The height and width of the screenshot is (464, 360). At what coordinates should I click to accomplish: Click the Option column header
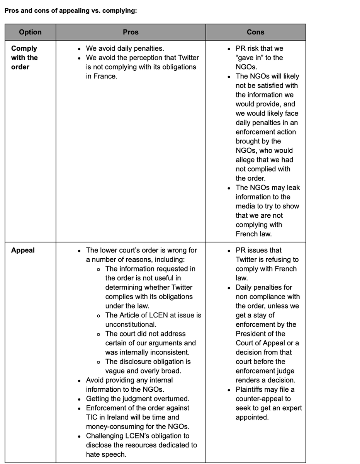(x=30, y=32)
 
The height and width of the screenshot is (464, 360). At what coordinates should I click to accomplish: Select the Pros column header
(x=131, y=32)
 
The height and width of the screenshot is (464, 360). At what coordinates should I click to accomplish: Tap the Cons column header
(x=255, y=32)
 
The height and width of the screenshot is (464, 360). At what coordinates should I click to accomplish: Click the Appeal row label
(x=23, y=250)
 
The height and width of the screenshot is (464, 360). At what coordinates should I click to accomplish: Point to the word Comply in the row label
(x=24, y=48)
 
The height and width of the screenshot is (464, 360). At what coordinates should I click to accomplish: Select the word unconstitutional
(x=131, y=324)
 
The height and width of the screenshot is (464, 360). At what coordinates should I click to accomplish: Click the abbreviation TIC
(x=93, y=417)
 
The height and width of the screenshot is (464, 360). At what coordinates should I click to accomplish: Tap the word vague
(x=115, y=371)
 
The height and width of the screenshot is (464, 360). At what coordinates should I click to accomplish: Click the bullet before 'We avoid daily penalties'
(x=79, y=49)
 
